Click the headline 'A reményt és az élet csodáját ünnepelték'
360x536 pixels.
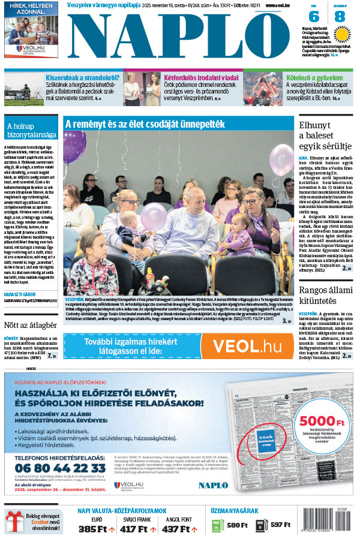pyautogui.click(x=145, y=124)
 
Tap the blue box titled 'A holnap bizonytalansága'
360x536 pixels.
pyautogui.click(x=31, y=131)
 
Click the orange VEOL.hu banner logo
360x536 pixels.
pyautogui.click(x=247, y=346)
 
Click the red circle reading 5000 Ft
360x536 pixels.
pyautogui.click(x=321, y=424)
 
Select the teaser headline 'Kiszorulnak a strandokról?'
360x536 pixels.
pyautogui.click(x=82, y=77)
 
